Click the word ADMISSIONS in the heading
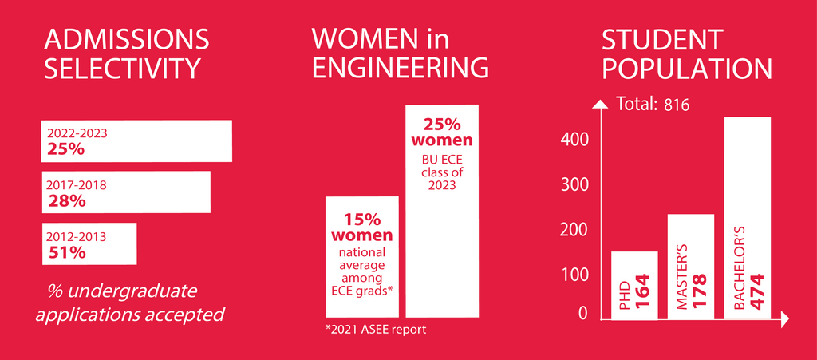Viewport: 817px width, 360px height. (x=127, y=39)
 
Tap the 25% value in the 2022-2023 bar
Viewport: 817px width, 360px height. (x=66, y=148)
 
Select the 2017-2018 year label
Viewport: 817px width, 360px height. (x=77, y=185)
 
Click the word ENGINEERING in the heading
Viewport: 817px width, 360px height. (x=400, y=68)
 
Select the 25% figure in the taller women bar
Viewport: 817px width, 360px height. (x=442, y=125)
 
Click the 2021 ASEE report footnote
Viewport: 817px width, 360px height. (x=376, y=329)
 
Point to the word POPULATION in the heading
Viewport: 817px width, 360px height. (x=687, y=69)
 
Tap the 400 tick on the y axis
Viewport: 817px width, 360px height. (x=574, y=140)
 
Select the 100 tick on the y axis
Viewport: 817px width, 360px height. (x=574, y=275)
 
